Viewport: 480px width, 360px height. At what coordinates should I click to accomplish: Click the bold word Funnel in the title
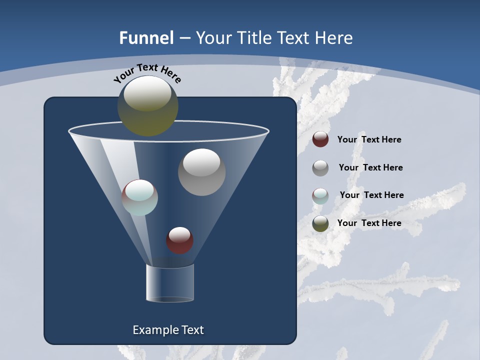pyautogui.click(x=146, y=38)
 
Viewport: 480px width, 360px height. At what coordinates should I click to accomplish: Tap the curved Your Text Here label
pyautogui.click(x=147, y=73)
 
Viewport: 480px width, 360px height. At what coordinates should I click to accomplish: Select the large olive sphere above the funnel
pyautogui.click(x=148, y=106)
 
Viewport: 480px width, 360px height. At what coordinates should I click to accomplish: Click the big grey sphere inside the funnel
pyautogui.click(x=201, y=172)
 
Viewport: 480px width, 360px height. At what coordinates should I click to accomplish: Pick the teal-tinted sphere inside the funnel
pyautogui.click(x=140, y=197)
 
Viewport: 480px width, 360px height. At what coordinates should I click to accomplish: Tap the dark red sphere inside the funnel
pyautogui.click(x=179, y=240)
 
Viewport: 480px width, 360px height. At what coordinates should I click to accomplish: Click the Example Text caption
pyautogui.click(x=168, y=330)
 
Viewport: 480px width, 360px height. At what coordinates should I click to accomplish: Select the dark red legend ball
pyautogui.click(x=320, y=139)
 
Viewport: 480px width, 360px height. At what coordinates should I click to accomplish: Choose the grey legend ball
pyautogui.click(x=320, y=167)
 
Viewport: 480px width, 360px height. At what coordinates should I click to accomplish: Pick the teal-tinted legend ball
pyautogui.click(x=320, y=195)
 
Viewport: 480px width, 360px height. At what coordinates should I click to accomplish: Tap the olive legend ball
pyautogui.click(x=320, y=223)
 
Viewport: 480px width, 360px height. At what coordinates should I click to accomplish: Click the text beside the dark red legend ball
pyautogui.click(x=369, y=140)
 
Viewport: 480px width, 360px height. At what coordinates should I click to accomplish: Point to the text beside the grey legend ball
pyautogui.click(x=370, y=167)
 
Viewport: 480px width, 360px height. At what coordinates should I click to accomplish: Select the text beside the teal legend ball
pyautogui.click(x=371, y=195)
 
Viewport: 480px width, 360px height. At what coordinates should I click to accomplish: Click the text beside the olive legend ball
pyautogui.click(x=369, y=223)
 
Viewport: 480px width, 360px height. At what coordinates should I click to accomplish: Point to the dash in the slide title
pyautogui.click(x=184, y=38)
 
